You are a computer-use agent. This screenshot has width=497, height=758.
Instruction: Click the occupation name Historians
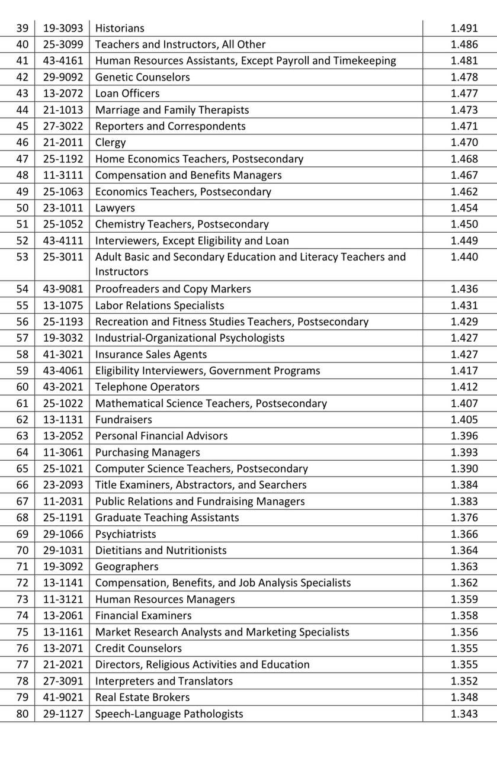[120, 28]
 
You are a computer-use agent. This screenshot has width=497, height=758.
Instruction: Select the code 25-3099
[63, 44]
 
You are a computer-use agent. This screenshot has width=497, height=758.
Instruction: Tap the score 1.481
[464, 60]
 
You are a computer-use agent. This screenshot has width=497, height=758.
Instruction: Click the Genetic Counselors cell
[143, 77]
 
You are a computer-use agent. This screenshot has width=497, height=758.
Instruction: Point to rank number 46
[22, 142]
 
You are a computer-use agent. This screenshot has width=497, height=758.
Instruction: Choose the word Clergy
[110, 142]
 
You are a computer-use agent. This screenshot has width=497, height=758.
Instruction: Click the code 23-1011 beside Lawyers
[63, 208]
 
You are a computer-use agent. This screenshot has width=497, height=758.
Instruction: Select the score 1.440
[464, 257]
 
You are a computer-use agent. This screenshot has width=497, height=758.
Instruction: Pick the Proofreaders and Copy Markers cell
[173, 289]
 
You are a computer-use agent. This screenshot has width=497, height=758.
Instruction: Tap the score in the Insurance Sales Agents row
[464, 354]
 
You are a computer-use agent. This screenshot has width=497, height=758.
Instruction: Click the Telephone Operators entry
[148, 387]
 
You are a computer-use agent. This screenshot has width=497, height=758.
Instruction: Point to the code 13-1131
[63, 419]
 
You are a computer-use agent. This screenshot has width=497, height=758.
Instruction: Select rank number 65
[22, 468]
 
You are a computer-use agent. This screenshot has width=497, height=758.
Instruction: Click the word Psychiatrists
[126, 534]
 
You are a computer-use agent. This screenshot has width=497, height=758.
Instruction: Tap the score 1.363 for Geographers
[464, 567]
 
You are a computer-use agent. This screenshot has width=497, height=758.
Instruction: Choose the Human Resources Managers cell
[165, 599]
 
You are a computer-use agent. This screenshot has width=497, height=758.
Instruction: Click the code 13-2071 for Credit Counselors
[63, 648]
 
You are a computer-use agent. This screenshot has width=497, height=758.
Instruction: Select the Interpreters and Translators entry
[164, 681]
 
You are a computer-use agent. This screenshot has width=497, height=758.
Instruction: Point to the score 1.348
[464, 697]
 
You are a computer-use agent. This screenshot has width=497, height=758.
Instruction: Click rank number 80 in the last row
[22, 714]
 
